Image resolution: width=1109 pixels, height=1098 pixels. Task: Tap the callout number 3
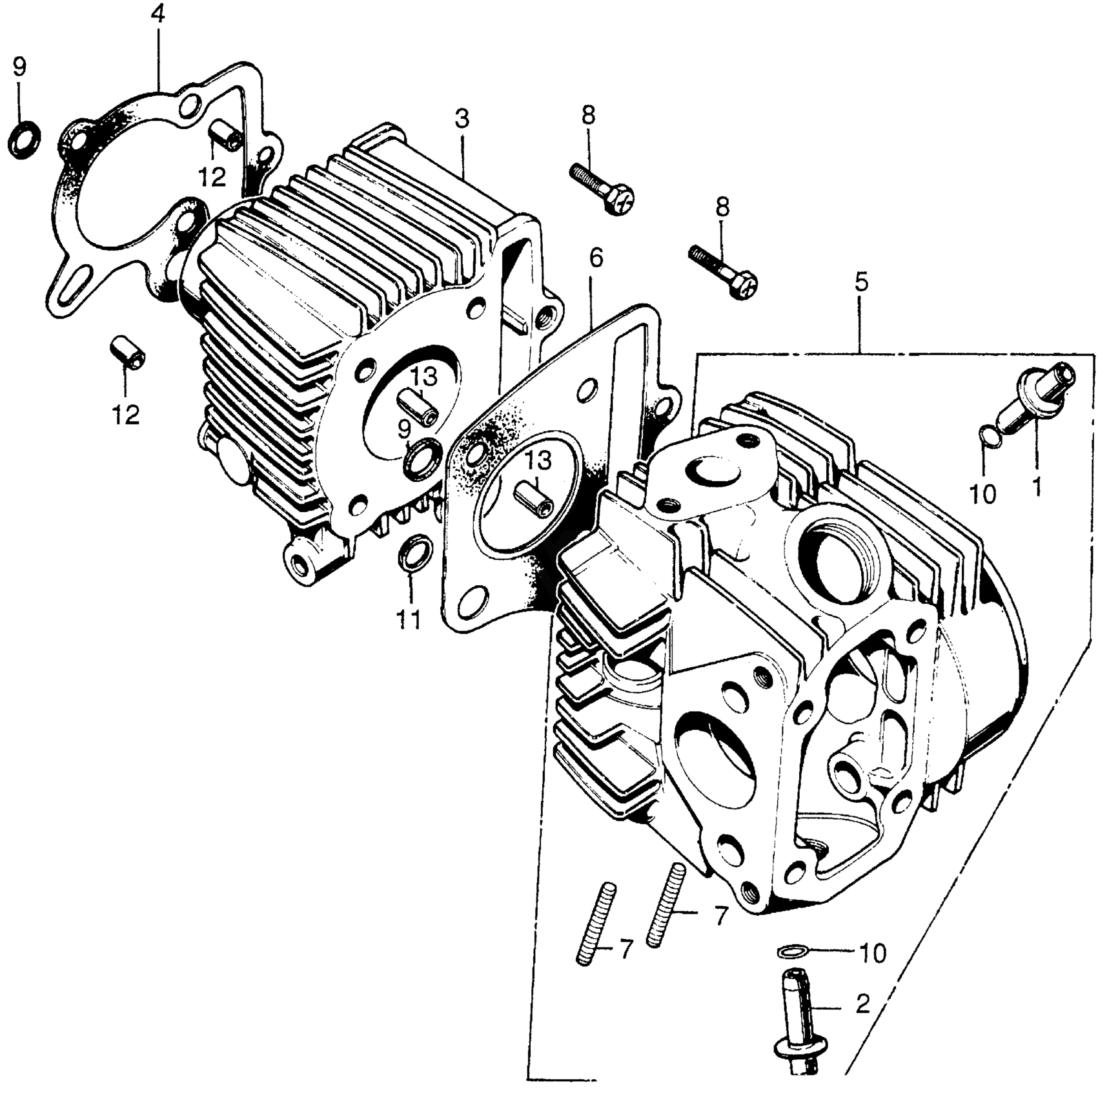pos(462,119)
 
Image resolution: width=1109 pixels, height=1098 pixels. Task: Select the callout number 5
pos(861,282)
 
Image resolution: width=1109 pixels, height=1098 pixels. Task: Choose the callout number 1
pos(1036,486)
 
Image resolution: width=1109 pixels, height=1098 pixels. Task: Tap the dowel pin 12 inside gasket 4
pos(225,134)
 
